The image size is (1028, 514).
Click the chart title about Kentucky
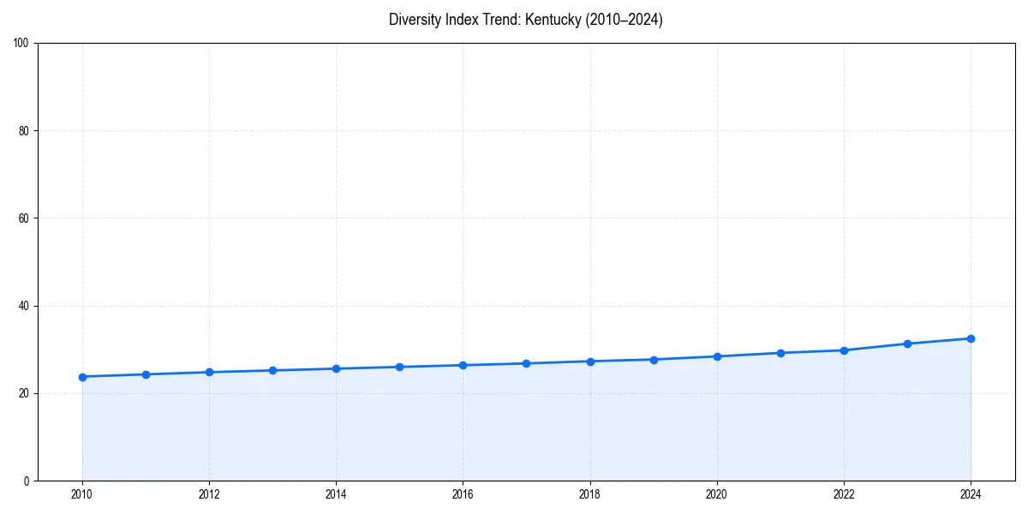pyautogui.click(x=525, y=20)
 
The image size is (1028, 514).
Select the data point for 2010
pyautogui.click(x=82, y=377)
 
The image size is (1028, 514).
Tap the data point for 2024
pyautogui.click(x=971, y=338)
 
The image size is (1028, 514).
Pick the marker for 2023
pyautogui.click(x=907, y=344)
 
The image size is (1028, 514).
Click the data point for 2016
pyautogui.click(x=463, y=365)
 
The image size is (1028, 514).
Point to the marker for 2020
pyautogui.click(x=717, y=356)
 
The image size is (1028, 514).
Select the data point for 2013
pyautogui.click(x=272, y=370)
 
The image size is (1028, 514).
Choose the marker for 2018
pyautogui.click(x=590, y=361)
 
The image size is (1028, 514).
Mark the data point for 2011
pyautogui.click(x=146, y=374)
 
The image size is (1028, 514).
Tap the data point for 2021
pyautogui.click(x=780, y=353)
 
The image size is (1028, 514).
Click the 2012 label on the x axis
pyautogui.click(x=209, y=494)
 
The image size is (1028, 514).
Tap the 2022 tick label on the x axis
pyautogui.click(x=844, y=494)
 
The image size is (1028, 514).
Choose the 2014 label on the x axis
pyautogui.click(x=336, y=494)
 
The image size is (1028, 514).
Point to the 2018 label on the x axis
pyautogui.click(x=590, y=494)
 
